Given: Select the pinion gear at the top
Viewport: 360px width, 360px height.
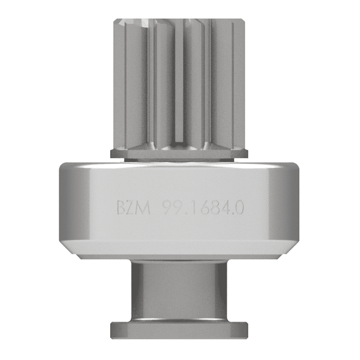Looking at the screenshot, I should coord(179,82).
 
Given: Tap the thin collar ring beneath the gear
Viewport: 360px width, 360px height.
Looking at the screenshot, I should coord(179,153).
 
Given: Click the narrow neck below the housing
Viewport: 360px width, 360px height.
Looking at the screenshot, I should coord(179,291).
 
